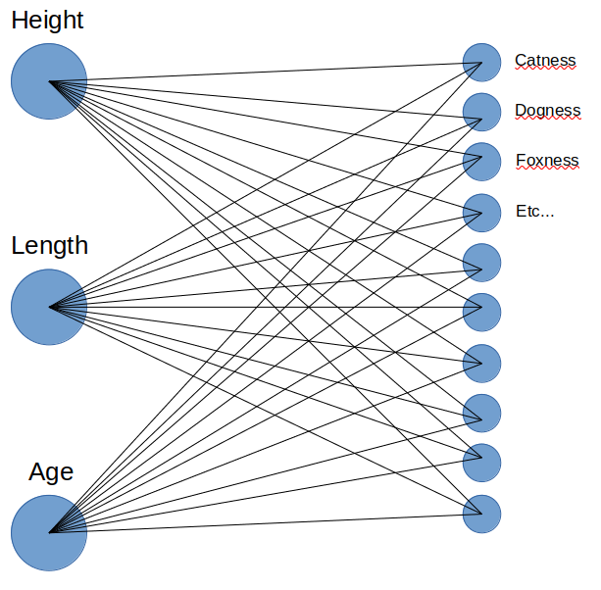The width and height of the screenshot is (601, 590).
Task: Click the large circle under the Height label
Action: pyautogui.click(x=49, y=81)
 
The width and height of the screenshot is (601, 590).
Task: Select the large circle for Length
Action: pyautogui.click(x=49, y=307)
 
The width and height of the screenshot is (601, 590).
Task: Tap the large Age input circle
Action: pyautogui.click(x=49, y=533)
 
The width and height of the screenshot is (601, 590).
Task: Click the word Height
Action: pyautogui.click(x=47, y=21)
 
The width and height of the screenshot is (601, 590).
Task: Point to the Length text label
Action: pyautogui.click(x=49, y=245)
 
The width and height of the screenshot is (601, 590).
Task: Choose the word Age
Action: pyautogui.click(x=51, y=472)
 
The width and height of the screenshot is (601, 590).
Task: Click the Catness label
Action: pyautogui.click(x=545, y=61)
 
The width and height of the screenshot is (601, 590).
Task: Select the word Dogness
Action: pyautogui.click(x=547, y=111)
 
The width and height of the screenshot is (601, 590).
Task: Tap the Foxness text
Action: pyautogui.click(x=546, y=161)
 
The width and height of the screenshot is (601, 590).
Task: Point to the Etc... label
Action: pyautogui.click(x=534, y=211)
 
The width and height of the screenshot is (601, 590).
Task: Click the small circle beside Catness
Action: pyautogui.click(x=481, y=63)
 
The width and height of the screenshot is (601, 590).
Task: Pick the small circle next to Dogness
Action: pyautogui.click(x=481, y=113)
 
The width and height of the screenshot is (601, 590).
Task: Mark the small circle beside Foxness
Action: pyautogui.click(x=481, y=163)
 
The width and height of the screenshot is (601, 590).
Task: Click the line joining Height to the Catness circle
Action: pyautogui.click(x=265, y=73)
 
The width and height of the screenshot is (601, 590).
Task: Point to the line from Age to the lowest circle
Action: pyautogui.click(x=265, y=523)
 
